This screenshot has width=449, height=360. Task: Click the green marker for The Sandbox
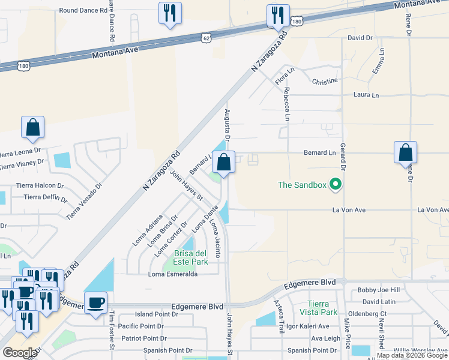click(336, 185)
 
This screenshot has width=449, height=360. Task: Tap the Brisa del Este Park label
click(191, 257)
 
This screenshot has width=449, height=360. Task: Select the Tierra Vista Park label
click(322, 308)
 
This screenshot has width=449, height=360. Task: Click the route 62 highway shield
click(206, 38)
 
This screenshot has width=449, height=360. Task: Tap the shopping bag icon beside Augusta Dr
click(223, 163)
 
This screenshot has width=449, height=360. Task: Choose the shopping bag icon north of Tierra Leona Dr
click(32, 128)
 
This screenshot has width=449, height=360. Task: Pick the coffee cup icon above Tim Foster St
click(95, 303)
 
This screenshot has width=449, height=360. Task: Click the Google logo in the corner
click(20, 352)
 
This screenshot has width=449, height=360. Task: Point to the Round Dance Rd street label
click(83, 11)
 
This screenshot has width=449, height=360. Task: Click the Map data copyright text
click(412, 355)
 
